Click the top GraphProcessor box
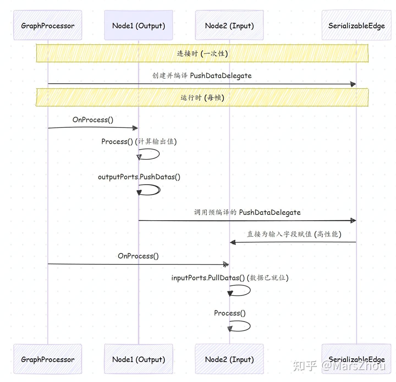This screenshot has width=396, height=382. click(48, 25)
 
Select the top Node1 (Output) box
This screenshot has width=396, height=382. click(138, 25)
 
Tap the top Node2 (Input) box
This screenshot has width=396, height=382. click(229, 25)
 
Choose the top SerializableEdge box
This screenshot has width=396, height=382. click(356, 25)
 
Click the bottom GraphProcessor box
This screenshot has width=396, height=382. click(48, 359)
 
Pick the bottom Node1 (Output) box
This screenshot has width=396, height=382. click(138, 359)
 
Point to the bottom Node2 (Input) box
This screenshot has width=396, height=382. click(229, 359)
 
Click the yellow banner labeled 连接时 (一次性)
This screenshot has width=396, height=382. click(202, 53)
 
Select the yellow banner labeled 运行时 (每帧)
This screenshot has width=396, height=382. click(202, 97)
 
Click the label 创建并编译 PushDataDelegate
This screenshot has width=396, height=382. click(202, 76)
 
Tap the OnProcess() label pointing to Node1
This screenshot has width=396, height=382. click(93, 120)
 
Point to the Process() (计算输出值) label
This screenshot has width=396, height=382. click(139, 141)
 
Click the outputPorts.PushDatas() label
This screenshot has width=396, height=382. click(139, 177)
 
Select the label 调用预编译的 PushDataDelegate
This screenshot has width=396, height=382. click(247, 212)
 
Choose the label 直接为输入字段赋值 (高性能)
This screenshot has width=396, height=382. click(294, 234)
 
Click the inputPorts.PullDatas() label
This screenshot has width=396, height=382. click(230, 278)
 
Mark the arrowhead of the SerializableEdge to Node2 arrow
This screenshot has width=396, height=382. click(233, 242)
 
